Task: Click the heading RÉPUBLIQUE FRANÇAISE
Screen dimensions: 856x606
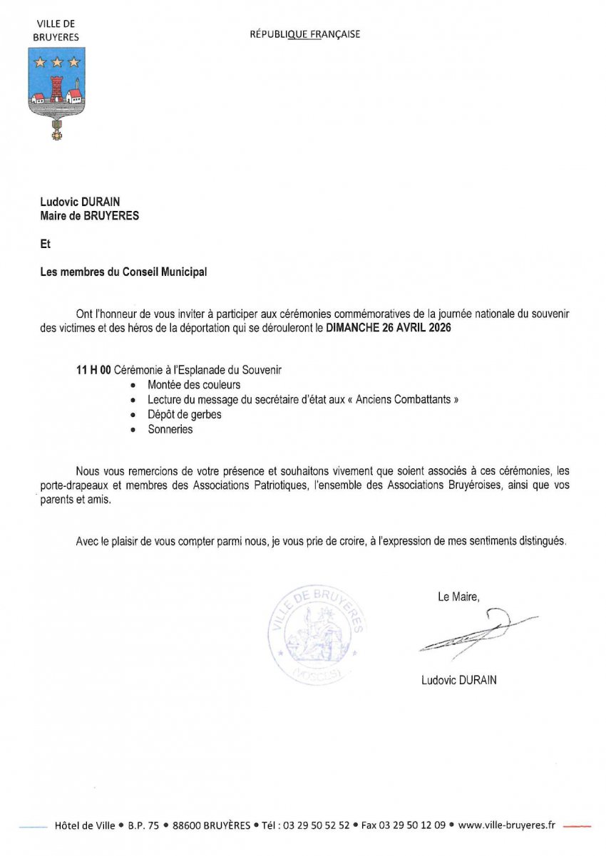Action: pyautogui.click(x=304, y=34)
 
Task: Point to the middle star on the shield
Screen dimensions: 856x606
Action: pyautogui.click(x=56, y=61)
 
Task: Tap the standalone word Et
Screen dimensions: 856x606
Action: pyautogui.click(x=46, y=244)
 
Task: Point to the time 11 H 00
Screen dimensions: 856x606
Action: pyautogui.click(x=93, y=371)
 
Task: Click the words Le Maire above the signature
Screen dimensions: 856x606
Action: pyautogui.click(x=458, y=597)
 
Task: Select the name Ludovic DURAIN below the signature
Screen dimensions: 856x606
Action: pyautogui.click(x=458, y=680)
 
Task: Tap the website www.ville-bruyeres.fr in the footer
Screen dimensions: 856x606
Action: pyautogui.click(x=506, y=825)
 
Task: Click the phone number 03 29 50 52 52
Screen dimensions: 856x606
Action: pyautogui.click(x=316, y=825)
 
